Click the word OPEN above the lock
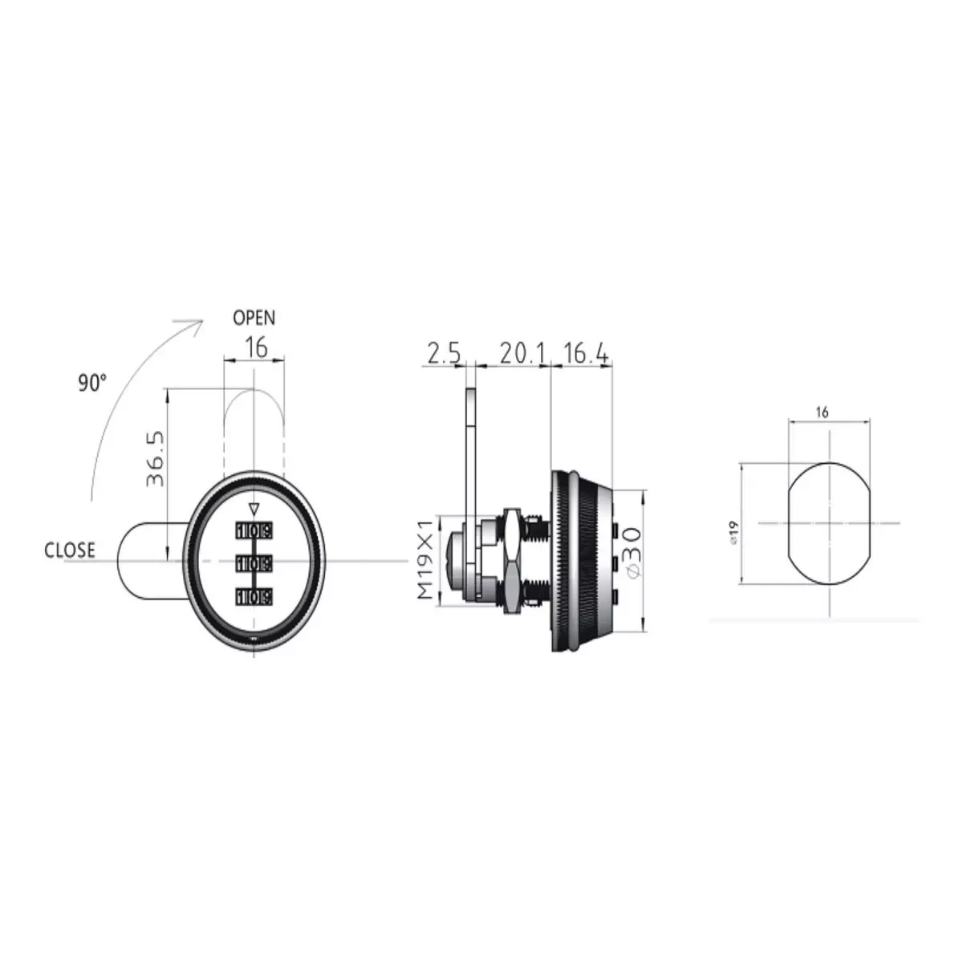(x=254, y=318)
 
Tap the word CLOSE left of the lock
(x=70, y=551)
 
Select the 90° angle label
(x=92, y=384)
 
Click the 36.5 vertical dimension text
(x=156, y=459)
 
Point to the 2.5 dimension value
(x=444, y=354)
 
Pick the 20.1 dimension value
(x=522, y=354)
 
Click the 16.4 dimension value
(x=586, y=354)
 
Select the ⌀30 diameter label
(x=631, y=552)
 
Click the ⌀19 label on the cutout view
(x=733, y=533)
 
